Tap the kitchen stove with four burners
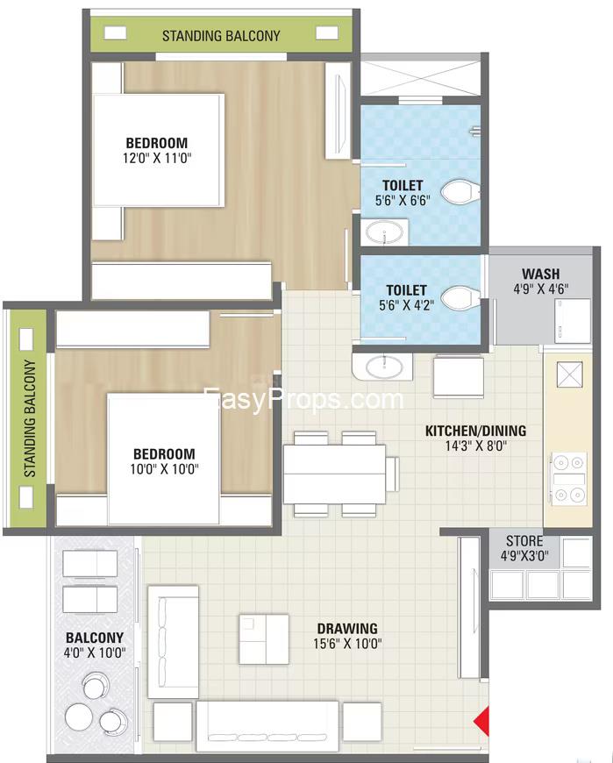569,479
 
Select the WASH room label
540,274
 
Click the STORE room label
524,540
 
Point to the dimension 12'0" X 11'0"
157,158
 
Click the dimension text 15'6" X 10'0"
347,644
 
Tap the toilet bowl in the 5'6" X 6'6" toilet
460,192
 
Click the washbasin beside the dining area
384,367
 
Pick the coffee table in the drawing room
264,639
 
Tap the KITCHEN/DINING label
476,431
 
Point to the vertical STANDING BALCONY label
30,418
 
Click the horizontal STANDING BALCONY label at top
221,36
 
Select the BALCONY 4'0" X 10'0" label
95,645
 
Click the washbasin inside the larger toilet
384,232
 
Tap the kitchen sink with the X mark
570,374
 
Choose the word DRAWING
347,628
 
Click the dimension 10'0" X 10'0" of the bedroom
165,469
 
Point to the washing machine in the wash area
573,321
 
